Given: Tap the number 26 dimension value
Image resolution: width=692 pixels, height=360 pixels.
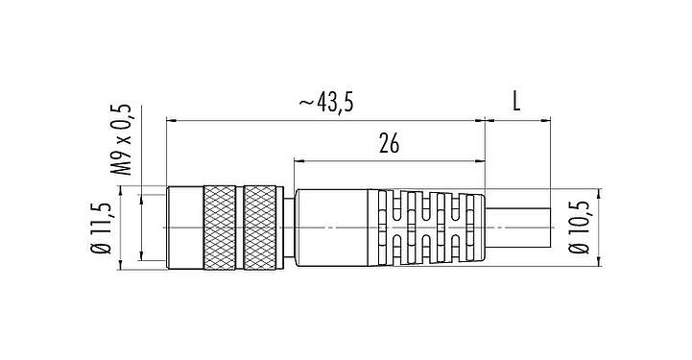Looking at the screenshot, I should [389, 145].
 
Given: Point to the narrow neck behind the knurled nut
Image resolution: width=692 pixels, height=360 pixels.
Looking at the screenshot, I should [288, 227].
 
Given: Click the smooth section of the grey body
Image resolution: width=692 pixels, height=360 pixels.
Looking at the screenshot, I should [336, 227].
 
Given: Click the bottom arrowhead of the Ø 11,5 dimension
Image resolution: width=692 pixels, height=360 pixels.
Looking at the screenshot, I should [141, 258].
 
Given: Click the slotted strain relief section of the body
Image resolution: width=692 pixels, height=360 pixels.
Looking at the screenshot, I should [432, 227].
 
